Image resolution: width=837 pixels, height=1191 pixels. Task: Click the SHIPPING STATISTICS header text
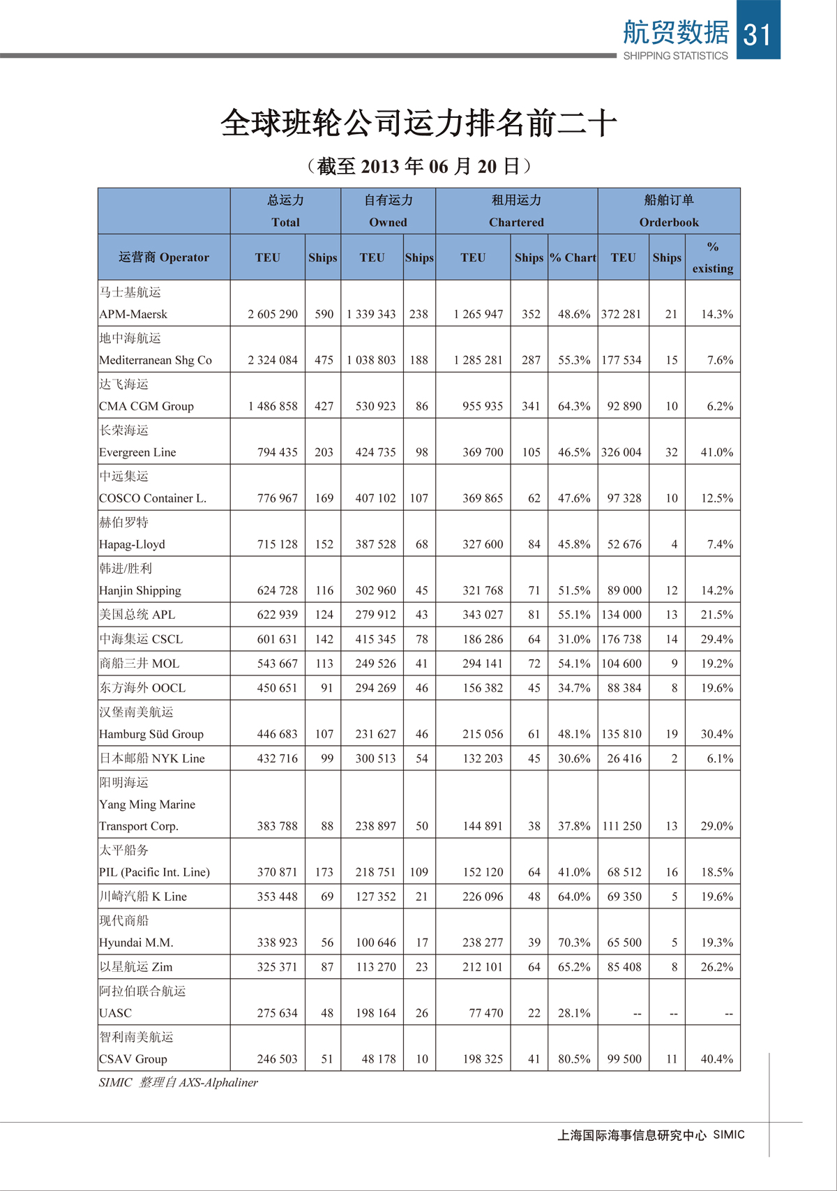click(674, 56)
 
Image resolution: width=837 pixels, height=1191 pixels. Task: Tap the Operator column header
click(164, 257)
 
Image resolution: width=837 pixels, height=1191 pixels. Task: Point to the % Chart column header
click(573, 257)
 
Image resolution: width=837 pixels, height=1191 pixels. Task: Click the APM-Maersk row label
click(133, 314)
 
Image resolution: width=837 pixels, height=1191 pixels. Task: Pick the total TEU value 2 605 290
click(273, 314)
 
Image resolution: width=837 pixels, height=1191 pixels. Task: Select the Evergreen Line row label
click(137, 452)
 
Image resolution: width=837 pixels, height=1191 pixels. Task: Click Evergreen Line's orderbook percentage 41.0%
click(716, 452)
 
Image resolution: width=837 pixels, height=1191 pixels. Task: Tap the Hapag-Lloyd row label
click(132, 544)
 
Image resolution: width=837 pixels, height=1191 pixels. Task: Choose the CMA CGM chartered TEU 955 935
click(482, 406)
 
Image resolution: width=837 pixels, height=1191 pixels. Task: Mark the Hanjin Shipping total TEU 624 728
click(277, 590)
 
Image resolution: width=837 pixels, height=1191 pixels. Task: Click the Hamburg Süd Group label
click(151, 734)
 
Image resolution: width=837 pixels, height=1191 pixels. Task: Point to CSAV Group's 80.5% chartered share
click(573, 1058)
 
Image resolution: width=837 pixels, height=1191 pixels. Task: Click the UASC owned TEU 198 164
click(375, 1012)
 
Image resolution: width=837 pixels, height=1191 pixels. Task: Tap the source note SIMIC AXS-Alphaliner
click(179, 1082)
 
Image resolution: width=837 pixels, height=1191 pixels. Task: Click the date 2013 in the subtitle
click(380, 166)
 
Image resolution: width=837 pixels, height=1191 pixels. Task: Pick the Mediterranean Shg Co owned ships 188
click(418, 360)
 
